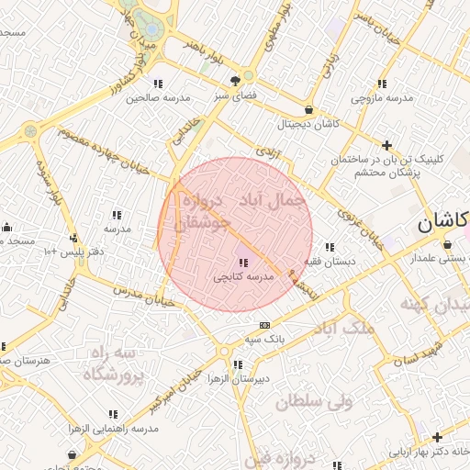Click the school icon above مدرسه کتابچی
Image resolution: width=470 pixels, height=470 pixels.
pyautogui.click(x=242, y=263)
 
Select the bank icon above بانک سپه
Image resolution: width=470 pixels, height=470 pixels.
pyautogui.click(x=264, y=325)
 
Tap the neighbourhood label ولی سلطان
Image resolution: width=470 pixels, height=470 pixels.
pyautogui.click(x=314, y=401)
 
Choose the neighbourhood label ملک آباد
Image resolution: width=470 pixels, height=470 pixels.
pyautogui.click(x=344, y=327)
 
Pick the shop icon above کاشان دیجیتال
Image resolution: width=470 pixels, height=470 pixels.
pyautogui.click(x=308, y=110)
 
